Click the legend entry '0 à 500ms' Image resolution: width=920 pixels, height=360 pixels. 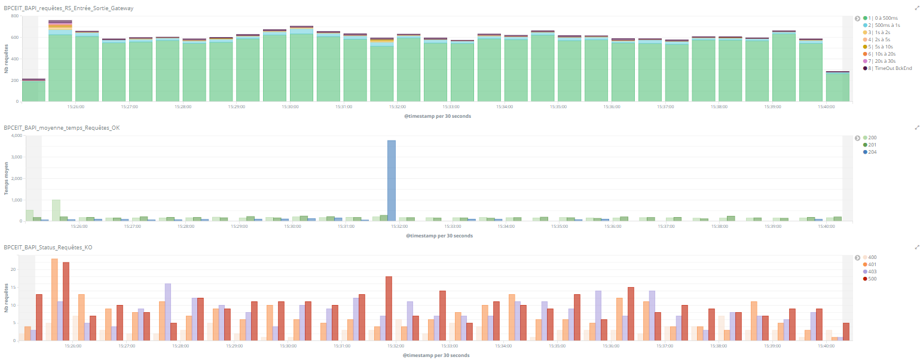[881, 18]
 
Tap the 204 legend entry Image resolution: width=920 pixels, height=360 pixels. [873, 152]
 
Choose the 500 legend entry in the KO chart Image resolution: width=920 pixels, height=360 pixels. [872, 279]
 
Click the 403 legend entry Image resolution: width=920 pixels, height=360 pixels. [872, 271]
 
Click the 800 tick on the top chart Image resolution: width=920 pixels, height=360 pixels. [15, 16]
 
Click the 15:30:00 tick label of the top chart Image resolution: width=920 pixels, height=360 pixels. [290, 107]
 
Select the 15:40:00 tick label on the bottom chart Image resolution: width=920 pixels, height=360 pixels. [825, 346]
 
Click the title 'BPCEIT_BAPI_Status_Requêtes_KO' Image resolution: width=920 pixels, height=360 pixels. [48, 247]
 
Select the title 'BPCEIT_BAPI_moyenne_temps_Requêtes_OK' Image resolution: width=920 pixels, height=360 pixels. [62, 127]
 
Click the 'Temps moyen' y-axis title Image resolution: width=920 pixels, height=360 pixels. [7, 178]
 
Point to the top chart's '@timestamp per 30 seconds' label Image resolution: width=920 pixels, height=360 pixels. [438, 116]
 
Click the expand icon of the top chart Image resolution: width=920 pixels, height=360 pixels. [916, 8]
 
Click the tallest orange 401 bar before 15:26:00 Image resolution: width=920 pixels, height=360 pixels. [54, 299]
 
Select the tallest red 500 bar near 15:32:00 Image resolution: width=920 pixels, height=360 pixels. [389, 308]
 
